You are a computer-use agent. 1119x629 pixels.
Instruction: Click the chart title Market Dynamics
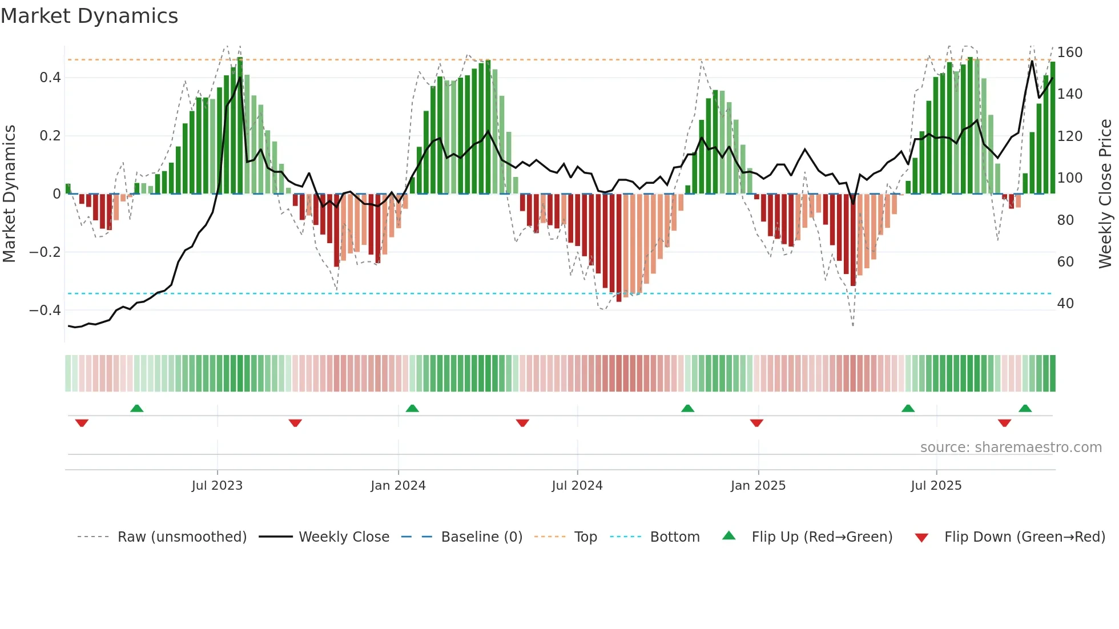89,16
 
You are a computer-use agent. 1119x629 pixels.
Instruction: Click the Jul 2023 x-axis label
217,486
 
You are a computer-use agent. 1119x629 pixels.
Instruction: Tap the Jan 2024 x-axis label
398,486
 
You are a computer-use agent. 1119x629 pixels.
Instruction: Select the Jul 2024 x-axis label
577,486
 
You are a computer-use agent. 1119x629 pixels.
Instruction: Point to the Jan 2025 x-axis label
758,486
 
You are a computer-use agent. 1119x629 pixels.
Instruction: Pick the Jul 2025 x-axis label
936,486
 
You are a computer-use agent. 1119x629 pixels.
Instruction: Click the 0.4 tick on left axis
50,78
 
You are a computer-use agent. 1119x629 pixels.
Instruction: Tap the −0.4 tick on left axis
45,311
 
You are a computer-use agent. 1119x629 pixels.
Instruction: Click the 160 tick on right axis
1069,53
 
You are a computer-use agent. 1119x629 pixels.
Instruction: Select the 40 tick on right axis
1065,304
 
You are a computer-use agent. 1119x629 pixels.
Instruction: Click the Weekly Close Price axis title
1105,194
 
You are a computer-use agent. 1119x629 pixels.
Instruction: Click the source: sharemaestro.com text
1011,447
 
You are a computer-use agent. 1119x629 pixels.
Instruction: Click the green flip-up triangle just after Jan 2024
412,408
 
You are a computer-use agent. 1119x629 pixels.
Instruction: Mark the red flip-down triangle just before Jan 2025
756,423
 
